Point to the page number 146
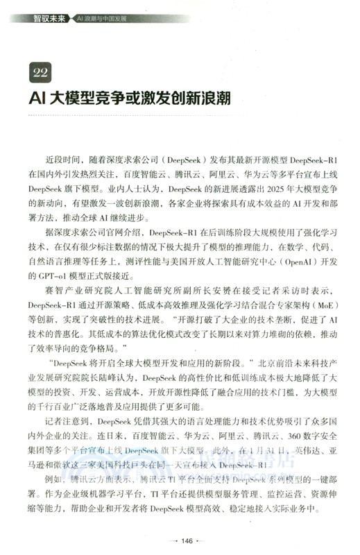click(x=180, y=541)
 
